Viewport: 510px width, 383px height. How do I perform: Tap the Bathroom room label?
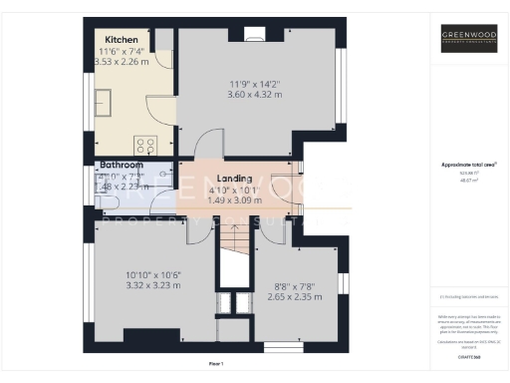(x=121, y=165)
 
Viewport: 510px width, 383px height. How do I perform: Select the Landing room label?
(x=235, y=178)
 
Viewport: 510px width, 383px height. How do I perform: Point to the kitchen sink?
(x=104, y=100)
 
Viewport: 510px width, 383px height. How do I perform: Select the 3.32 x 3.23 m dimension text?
(x=152, y=285)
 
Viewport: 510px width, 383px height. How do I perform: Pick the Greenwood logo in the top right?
(x=469, y=41)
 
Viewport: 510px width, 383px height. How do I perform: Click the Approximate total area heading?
(x=469, y=165)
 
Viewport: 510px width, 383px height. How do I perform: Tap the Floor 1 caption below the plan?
(x=216, y=363)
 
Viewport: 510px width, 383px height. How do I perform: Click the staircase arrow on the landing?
(x=233, y=239)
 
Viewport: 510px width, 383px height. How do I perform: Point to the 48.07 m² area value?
(x=469, y=180)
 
